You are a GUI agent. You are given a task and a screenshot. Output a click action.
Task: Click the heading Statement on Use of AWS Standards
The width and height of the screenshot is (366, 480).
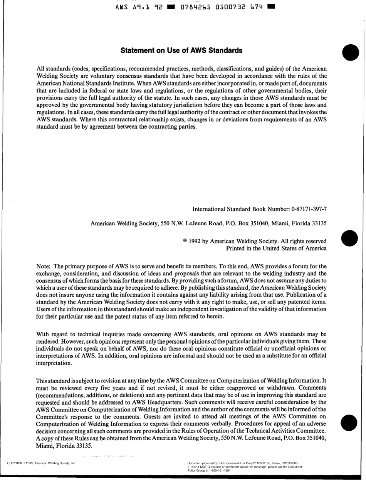pos(181,50)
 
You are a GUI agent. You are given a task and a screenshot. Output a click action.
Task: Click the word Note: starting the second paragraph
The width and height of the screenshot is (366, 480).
pos(43,266)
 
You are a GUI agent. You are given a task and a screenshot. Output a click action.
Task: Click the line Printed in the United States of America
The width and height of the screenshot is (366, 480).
pos(276,248)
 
